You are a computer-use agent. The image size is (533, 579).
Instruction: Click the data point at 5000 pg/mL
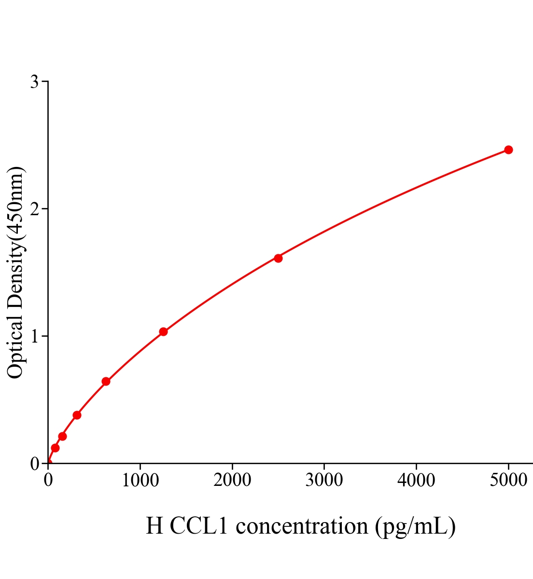(x=508, y=150)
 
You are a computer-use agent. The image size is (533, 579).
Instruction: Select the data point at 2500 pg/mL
(x=278, y=258)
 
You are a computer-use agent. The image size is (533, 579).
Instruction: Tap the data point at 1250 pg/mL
(x=163, y=331)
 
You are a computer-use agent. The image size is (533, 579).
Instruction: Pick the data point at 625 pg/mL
(x=106, y=382)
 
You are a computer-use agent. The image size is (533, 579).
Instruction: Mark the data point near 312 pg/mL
(x=77, y=415)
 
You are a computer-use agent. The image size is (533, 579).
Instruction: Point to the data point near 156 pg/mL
(x=62, y=436)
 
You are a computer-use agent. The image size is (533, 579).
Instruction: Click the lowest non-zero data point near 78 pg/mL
(x=55, y=448)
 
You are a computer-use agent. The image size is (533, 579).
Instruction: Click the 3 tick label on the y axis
(x=34, y=82)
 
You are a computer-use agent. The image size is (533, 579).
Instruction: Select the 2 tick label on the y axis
(x=34, y=209)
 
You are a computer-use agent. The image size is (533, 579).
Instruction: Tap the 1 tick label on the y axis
(x=34, y=336)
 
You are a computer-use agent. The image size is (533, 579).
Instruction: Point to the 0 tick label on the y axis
(x=34, y=464)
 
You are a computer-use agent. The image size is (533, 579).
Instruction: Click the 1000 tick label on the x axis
(x=140, y=481)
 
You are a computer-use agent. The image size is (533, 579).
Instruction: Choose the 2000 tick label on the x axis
(x=232, y=481)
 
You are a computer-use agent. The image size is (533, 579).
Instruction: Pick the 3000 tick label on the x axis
(x=324, y=481)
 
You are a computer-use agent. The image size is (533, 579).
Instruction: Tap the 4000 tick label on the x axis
(x=416, y=481)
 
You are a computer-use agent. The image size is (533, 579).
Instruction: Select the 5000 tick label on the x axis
(x=508, y=481)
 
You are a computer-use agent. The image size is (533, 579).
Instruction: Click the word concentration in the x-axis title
(x=302, y=526)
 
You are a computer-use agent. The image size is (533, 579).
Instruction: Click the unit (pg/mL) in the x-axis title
(x=415, y=526)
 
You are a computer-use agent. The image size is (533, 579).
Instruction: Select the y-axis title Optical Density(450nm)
(x=15, y=273)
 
